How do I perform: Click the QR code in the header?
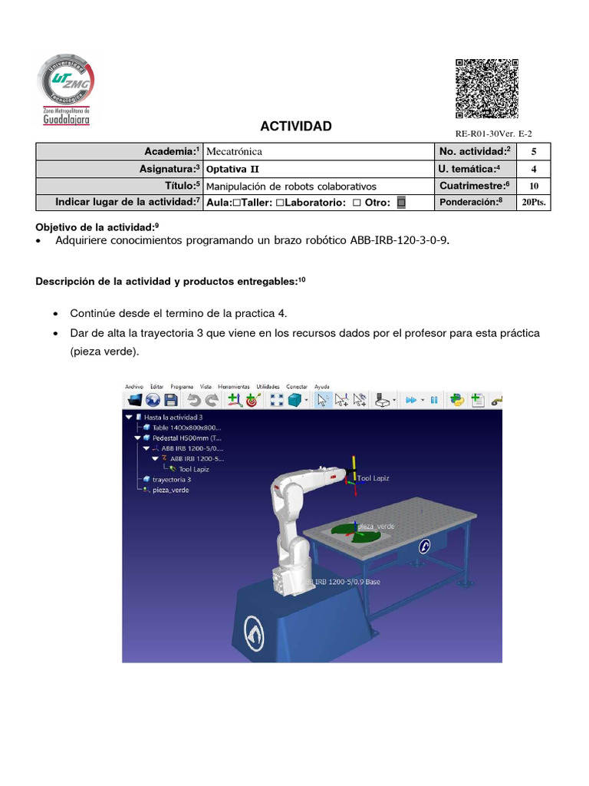pos(485,88)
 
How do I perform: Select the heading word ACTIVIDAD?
pos(296,126)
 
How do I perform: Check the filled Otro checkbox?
pos(400,203)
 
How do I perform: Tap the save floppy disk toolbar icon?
pos(171,399)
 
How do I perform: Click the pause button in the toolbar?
pos(433,399)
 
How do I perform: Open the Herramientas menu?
pos(233,387)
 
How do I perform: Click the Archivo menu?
pos(134,387)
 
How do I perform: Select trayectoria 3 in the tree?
pos(171,479)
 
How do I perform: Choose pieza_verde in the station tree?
pos(170,490)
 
